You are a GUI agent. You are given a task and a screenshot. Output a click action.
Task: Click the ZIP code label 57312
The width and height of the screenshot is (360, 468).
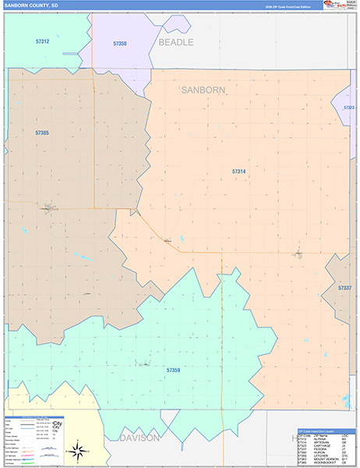click(43, 41)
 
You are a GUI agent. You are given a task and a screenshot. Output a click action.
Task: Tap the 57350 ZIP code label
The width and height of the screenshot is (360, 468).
click(119, 44)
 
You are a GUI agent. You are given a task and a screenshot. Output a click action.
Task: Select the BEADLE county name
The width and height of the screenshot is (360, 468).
click(175, 42)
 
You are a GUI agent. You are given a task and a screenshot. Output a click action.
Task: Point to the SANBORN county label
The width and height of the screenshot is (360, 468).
click(203, 90)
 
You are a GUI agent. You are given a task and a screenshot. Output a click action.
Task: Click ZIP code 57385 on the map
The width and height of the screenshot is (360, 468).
click(41, 133)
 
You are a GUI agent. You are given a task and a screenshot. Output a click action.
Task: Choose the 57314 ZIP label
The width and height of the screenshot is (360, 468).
click(238, 171)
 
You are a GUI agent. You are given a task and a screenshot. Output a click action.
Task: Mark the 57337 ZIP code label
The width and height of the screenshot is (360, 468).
click(344, 288)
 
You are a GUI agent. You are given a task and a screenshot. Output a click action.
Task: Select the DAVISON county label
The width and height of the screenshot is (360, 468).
click(139, 438)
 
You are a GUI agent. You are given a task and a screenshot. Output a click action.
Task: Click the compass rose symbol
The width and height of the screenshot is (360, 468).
click(77, 450)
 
